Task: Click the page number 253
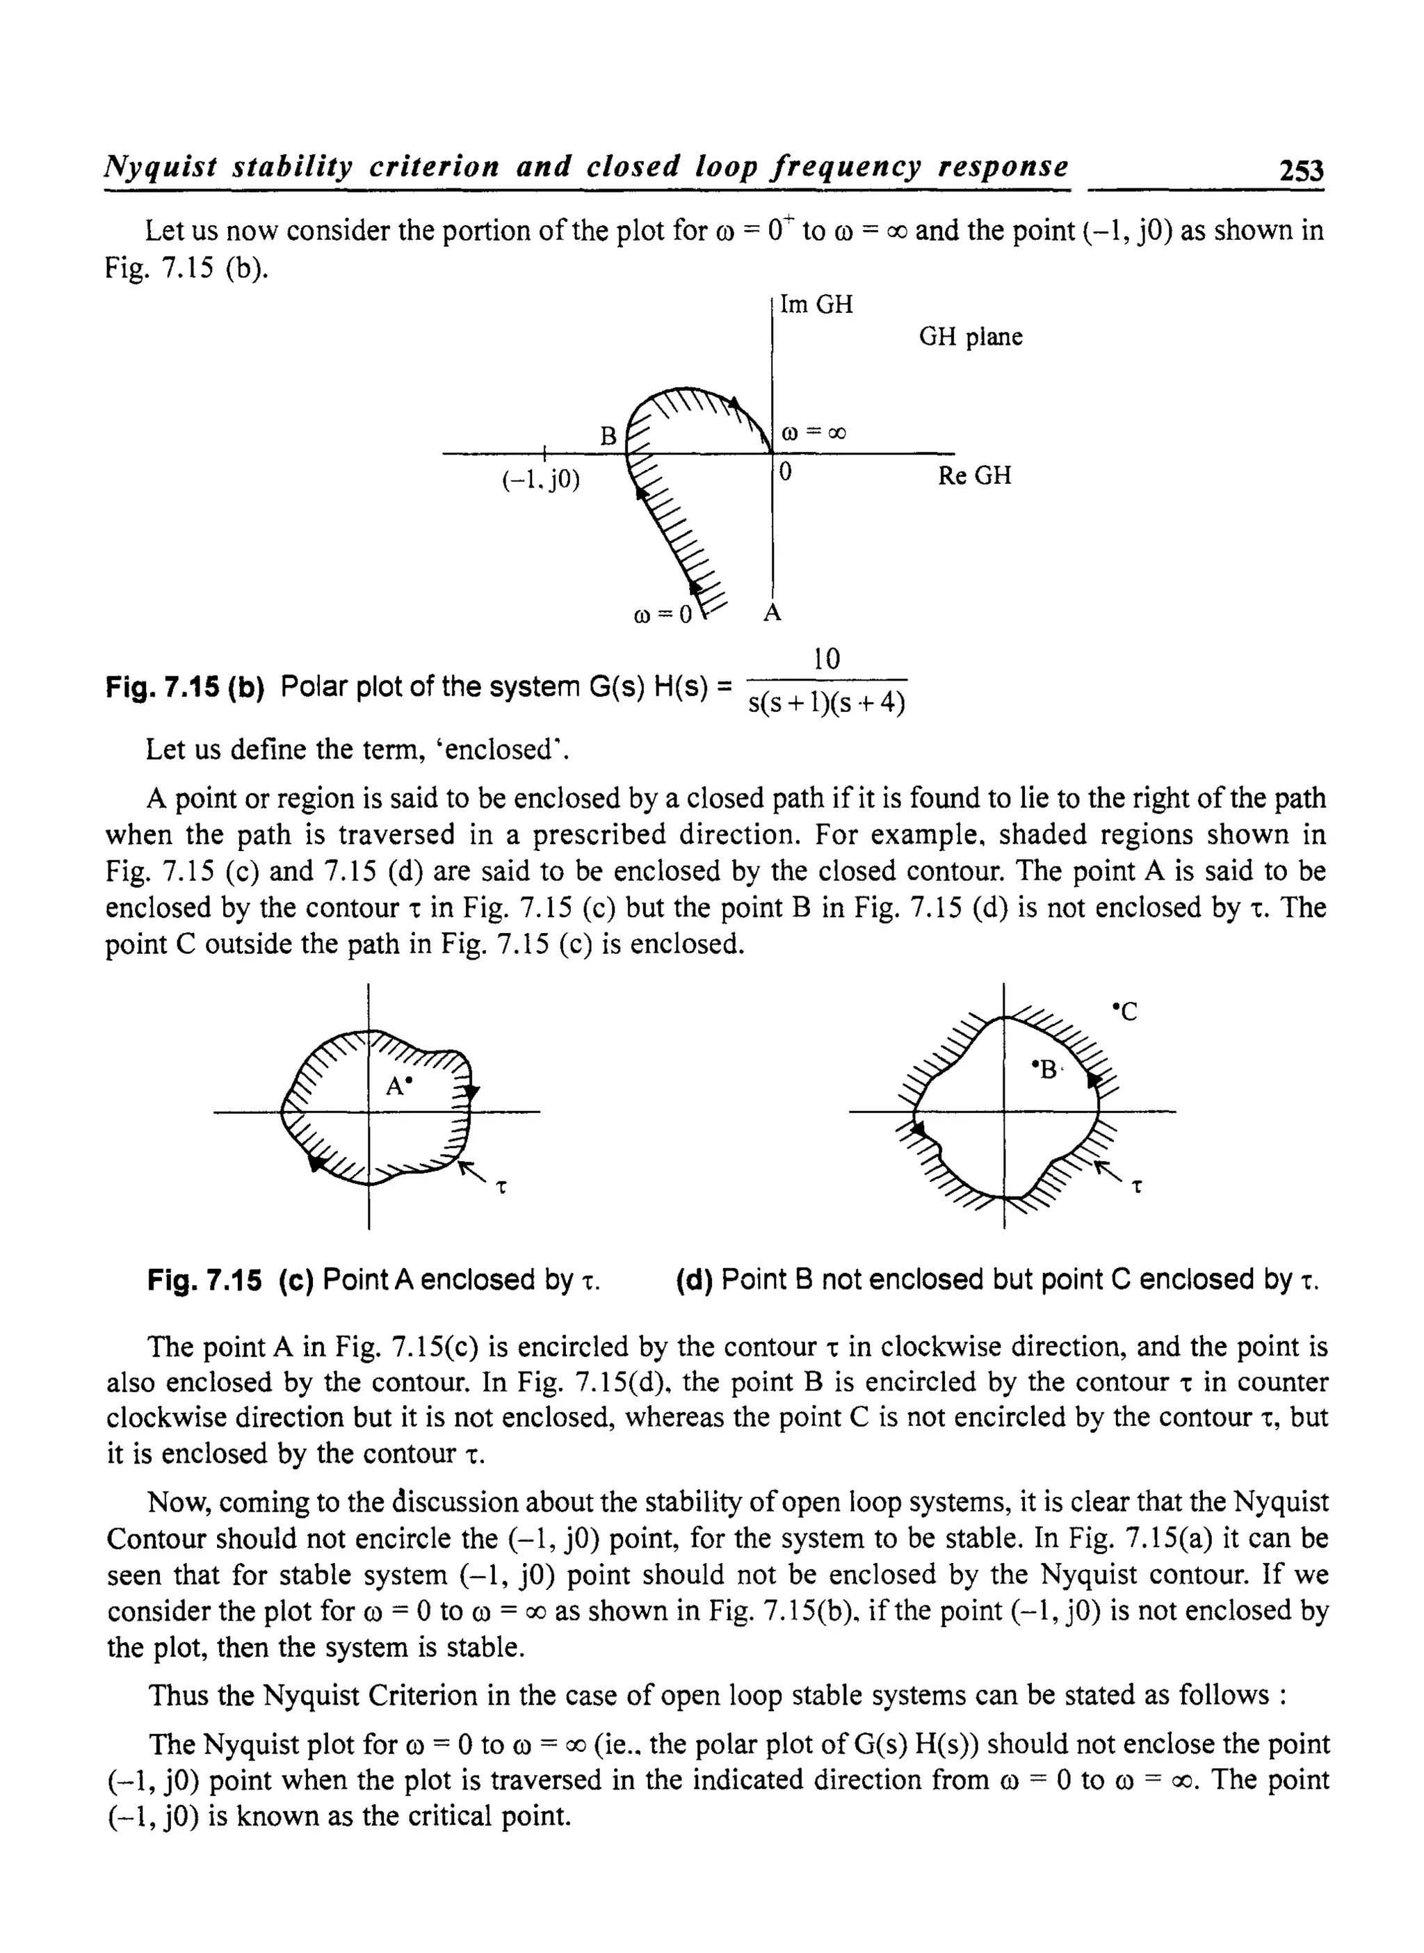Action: [1301, 170]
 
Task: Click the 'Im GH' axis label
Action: [816, 305]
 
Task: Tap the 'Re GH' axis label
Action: [974, 476]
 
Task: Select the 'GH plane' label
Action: [970, 337]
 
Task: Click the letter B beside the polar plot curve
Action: [608, 437]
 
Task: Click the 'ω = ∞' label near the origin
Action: [813, 434]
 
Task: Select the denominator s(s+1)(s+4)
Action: [827, 704]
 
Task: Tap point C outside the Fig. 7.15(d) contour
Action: [1126, 1011]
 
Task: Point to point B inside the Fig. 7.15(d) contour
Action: [1046, 1069]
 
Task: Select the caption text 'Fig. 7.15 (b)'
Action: [184, 688]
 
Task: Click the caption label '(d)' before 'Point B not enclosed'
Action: [694, 1280]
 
